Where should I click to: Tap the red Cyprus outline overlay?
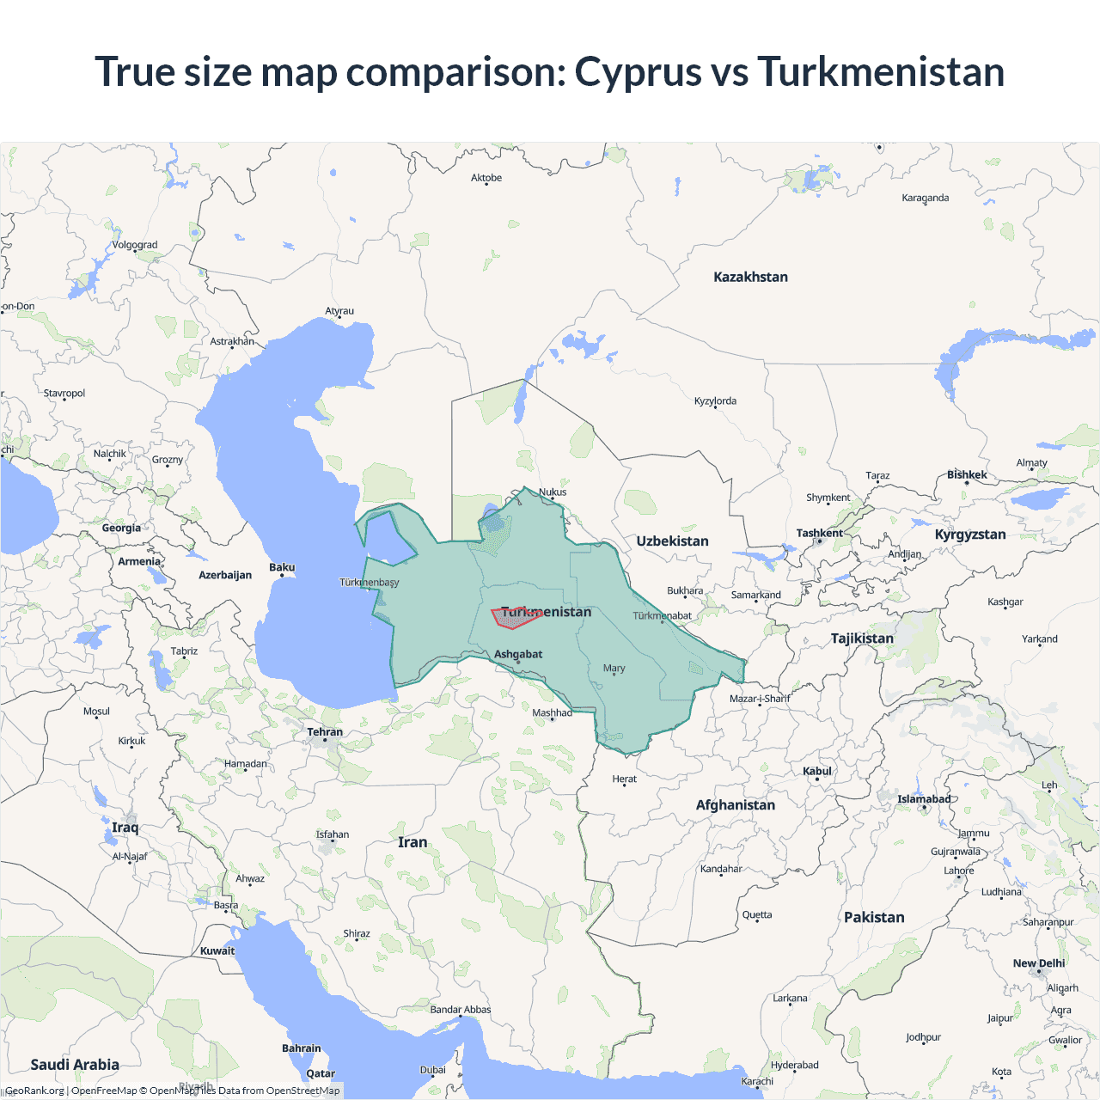(515, 618)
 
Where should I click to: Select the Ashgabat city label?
(518, 654)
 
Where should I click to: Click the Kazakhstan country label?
(750, 277)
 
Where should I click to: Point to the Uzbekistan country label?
(672, 541)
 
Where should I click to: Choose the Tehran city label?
(325, 732)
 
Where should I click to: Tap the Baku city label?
(282, 567)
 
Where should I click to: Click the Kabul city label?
(816, 771)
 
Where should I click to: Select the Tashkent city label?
(819, 533)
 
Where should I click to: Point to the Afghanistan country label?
(735, 804)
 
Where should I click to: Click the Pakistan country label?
(874, 917)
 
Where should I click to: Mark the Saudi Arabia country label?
(75, 1064)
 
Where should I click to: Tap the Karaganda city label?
(926, 198)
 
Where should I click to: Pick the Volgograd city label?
(135, 245)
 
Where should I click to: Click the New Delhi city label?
(1038, 963)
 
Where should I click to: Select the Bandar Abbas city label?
(461, 1010)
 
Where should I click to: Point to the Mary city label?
(614, 668)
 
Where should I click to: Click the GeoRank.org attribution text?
(34, 1091)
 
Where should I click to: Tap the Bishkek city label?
(967, 474)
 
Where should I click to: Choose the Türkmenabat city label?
(662, 615)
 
